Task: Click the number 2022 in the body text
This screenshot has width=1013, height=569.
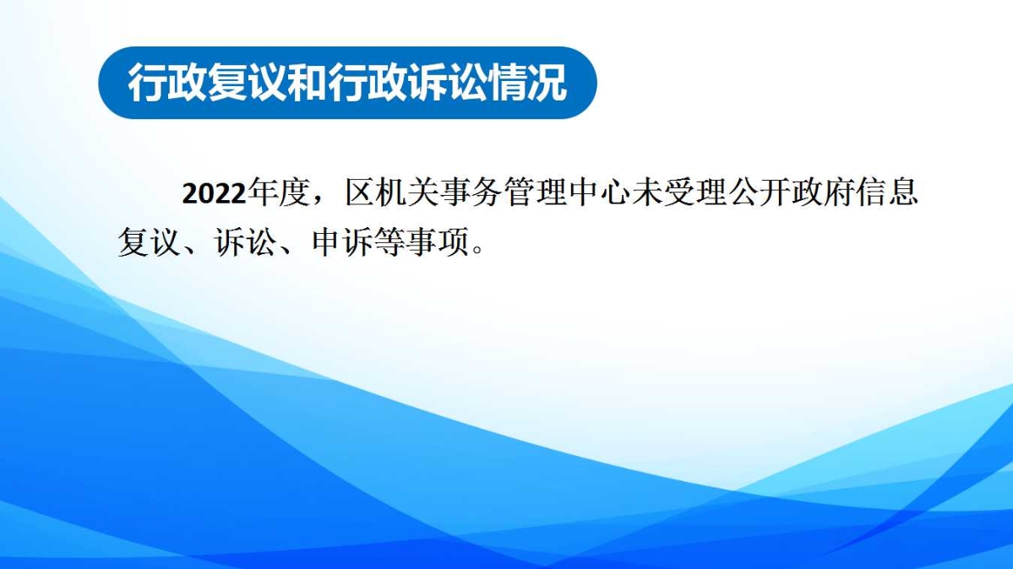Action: click(214, 193)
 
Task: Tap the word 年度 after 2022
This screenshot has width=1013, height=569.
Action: click(278, 192)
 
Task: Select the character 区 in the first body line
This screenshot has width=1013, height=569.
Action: click(359, 192)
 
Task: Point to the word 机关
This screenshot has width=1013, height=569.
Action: click(407, 192)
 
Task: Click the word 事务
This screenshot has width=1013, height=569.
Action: click(471, 192)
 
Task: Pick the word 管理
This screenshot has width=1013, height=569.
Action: click(535, 192)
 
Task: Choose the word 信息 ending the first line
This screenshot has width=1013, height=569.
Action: click(887, 192)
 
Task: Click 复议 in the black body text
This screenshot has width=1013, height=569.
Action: click(149, 242)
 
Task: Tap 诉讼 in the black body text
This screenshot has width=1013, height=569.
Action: click(245, 242)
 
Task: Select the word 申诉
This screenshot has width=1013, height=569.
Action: click(342, 242)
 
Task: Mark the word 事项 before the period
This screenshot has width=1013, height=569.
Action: click(438, 242)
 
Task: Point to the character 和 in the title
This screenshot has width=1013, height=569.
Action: click(306, 83)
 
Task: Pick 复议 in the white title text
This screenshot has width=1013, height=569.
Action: click(246, 83)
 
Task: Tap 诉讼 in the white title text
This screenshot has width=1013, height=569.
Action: click(447, 83)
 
